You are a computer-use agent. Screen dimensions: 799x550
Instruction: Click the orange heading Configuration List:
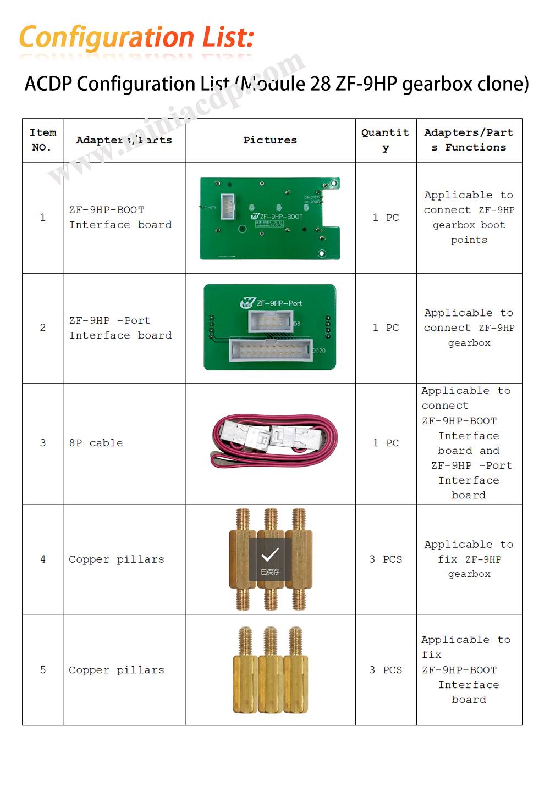(136, 37)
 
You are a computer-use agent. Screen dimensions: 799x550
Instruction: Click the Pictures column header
(270, 140)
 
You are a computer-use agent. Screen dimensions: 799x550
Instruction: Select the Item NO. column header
(43, 140)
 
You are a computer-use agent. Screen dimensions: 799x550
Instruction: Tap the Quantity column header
(385, 140)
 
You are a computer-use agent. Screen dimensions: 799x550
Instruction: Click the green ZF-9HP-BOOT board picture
(269, 218)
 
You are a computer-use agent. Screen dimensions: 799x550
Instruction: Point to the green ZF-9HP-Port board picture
(269, 328)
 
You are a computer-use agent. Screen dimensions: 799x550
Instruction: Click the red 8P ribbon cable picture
(273, 441)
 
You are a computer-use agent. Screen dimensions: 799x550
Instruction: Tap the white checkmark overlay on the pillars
(270, 556)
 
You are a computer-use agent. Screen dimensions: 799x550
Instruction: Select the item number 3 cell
(43, 443)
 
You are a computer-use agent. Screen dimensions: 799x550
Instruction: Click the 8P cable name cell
(96, 443)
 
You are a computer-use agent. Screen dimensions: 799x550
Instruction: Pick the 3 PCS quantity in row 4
(385, 559)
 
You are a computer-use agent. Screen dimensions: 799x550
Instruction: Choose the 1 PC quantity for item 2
(385, 328)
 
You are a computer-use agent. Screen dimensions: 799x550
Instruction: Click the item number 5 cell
(43, 670)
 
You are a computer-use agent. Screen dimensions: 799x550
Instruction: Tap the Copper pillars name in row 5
(117, 670)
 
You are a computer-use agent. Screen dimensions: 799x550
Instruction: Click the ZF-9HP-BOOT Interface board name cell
(120, 218)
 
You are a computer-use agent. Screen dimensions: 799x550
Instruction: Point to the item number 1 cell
(43, 218)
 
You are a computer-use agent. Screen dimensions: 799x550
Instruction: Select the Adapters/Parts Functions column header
(469, 140)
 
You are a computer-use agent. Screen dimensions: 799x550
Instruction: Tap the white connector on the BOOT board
(228, 207)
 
